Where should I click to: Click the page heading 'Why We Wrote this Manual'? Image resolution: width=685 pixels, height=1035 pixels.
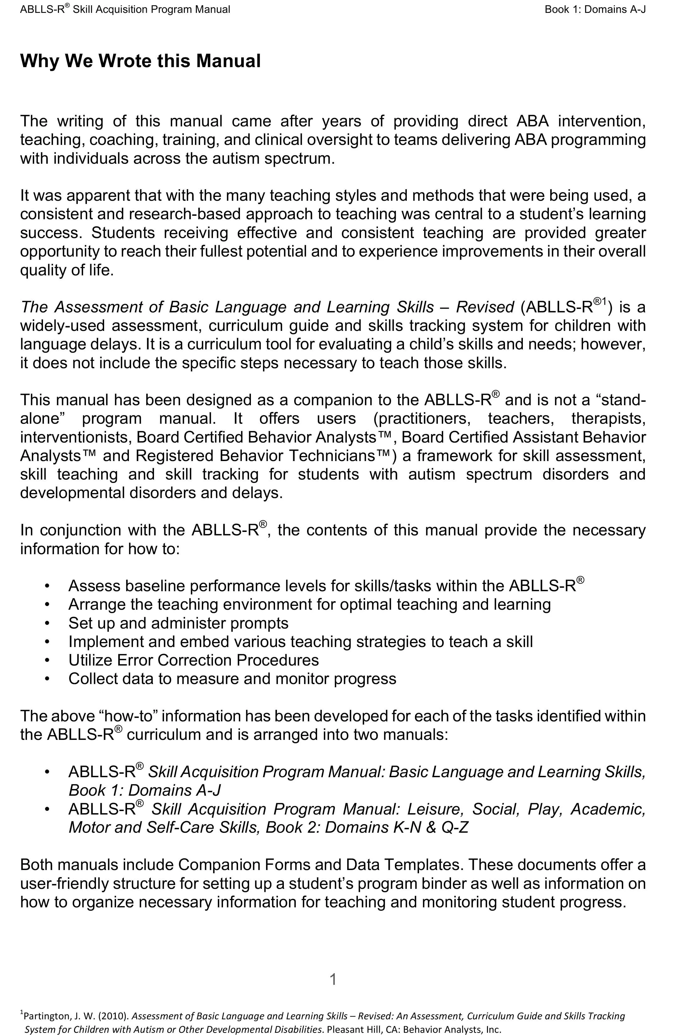pyautogui.click(x=140, y=61)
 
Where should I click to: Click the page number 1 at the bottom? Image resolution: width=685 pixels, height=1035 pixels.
pyautogui.click(x=333, y=979)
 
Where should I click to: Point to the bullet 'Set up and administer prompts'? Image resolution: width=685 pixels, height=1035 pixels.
pyautogui.click(x=178, y=623)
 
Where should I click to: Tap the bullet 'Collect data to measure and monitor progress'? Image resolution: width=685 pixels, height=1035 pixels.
pyautogui.click(x=232, y=678)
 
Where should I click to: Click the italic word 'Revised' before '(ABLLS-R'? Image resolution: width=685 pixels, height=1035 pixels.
pyautogui.click(x=485, y=307)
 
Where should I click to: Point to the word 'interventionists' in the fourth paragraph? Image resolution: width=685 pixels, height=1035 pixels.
pyautogui.click(x=76, y=437)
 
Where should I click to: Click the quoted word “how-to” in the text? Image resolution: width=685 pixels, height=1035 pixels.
pyautogui.click(x=129, y=716)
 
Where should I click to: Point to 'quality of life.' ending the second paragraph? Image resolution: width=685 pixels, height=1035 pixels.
pyautogui.click(x=67, y=270)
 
